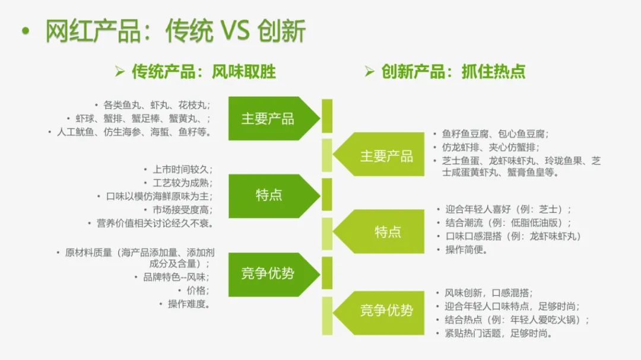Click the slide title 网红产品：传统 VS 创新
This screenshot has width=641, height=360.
176,31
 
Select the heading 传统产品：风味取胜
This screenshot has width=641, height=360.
203,72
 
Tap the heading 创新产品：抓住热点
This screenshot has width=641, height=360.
453,72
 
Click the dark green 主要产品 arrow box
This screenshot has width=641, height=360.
268,118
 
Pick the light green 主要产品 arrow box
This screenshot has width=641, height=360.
386,156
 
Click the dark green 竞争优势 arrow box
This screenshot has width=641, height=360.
268,273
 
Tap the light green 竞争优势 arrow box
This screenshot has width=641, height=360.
386,310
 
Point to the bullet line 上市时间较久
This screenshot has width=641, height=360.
182,169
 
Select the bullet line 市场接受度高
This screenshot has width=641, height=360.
182,210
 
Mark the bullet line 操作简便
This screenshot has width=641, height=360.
467,250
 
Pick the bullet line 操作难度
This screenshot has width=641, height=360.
189,304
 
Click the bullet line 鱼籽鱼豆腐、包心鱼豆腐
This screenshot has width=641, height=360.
495,134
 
